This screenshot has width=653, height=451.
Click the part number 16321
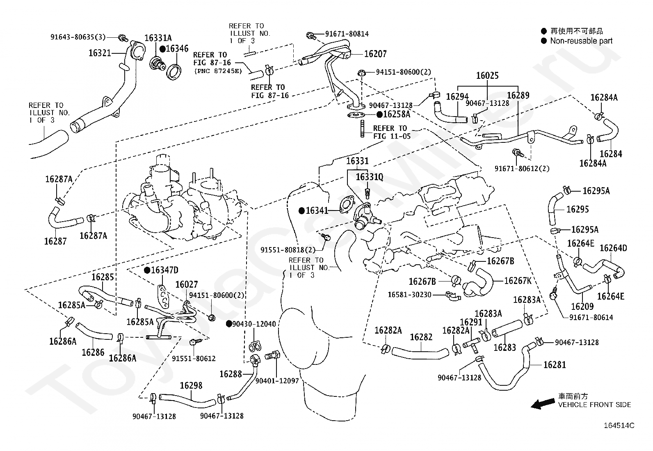coord(100,53)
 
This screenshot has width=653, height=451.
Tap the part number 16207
coord(375,54)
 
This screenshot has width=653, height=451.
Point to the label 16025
coord(487,76)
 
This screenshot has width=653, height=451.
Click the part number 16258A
coord(397,114)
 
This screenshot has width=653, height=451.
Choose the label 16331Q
coord(370,177)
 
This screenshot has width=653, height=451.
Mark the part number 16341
coord(317,211)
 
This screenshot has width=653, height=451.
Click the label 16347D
coord(165,270)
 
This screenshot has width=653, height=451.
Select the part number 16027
coord(187,284)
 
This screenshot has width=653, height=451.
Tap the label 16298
coord(191,386)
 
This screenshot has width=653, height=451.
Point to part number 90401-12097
coord(277,381)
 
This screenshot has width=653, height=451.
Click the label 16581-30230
coord(410,295)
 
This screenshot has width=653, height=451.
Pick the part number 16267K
coord(518,281)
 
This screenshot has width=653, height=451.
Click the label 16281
coord(555,365)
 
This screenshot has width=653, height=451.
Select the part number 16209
coord(582,307)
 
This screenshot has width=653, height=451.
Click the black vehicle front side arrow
coord(543,404)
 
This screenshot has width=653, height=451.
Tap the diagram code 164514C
coord(619,426)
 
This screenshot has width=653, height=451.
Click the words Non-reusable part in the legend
coord(581,41)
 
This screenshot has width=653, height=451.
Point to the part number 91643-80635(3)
coord(78,37)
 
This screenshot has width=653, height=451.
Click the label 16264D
coord(613,248)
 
